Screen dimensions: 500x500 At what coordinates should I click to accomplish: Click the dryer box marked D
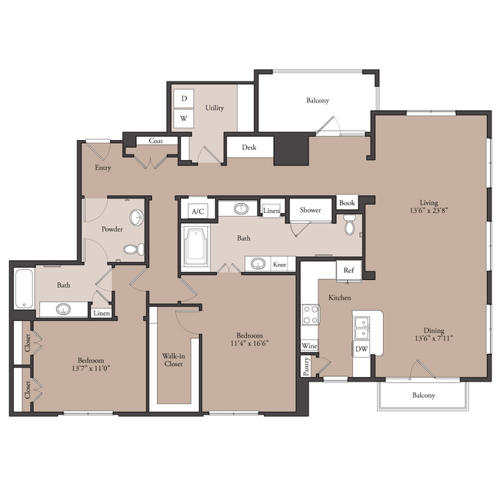point(184,98)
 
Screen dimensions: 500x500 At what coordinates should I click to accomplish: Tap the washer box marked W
point(184,118)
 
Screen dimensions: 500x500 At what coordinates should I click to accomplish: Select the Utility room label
point(215,108)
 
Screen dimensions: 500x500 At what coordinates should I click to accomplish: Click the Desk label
point(249,148)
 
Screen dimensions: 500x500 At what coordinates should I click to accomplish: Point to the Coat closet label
point(155,141)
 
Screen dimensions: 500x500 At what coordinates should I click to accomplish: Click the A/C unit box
point(198,211)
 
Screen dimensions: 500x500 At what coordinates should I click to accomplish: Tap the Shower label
point(310,210)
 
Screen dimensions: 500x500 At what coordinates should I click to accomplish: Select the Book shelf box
point(347,203)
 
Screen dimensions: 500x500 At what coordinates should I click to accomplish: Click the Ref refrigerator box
point(349,271)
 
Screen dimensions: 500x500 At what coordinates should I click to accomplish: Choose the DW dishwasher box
point(362,349)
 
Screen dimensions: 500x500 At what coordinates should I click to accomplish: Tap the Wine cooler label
point(309,346)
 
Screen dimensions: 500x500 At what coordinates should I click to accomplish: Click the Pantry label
point(306,366)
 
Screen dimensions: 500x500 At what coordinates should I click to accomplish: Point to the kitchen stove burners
point(311,315)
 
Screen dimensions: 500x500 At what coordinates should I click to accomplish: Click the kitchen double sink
point(362,328)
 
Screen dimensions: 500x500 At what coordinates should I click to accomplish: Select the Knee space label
point(280,265)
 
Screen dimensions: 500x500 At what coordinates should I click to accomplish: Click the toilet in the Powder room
point(134,249)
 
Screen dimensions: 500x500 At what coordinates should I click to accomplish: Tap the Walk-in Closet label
point(174,360)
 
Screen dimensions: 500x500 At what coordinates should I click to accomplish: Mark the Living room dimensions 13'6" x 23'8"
point(429,211)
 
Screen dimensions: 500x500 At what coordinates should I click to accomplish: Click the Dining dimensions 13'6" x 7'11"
point(434,338)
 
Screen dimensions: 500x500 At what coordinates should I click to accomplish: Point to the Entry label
point(103,168)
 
